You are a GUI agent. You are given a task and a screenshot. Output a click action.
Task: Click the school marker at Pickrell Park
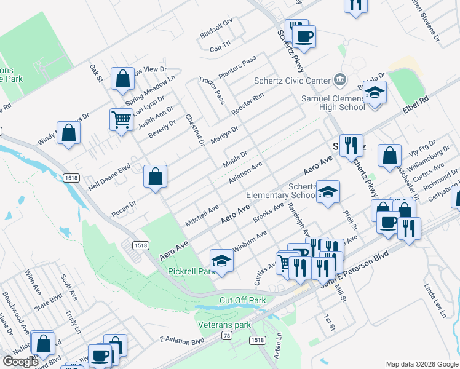[x=221, y=261]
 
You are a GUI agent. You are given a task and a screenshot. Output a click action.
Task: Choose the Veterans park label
[x=225, y=324]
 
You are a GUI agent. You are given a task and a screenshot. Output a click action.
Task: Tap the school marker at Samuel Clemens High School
[x=375, y=93]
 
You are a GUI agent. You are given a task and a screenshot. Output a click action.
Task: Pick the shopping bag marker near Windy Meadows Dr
[x=68, y=133]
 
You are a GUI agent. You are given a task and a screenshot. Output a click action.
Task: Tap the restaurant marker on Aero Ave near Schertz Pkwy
[x=351, y=146]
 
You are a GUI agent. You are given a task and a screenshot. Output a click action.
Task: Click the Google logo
[x=20, y=362]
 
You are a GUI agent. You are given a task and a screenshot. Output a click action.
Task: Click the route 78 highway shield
[x=227, y=335]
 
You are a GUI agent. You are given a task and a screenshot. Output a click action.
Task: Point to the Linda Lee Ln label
[x=434, y=300]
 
